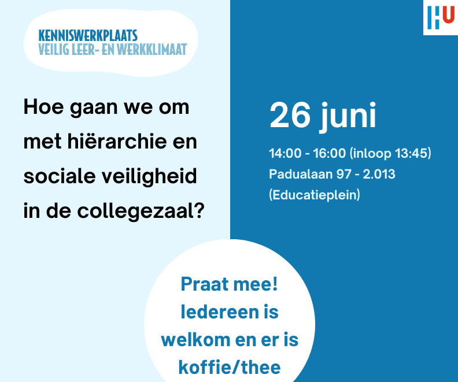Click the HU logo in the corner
[x=441, y=17]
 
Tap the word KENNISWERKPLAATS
[x=88, y=36]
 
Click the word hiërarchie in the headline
[x=117, y=142]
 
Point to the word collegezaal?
[x=141, y=210]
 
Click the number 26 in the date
[x=290, y=115]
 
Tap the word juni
[x=348, y=117]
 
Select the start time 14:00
[x=285, y=153]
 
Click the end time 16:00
[x=330, y=153]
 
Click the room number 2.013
[x=379, y=174]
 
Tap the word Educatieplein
[x=315, y=195]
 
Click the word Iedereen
[x=220, y=311]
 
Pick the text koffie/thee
[x=230, y=367]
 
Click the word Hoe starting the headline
[x=43, y=107]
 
